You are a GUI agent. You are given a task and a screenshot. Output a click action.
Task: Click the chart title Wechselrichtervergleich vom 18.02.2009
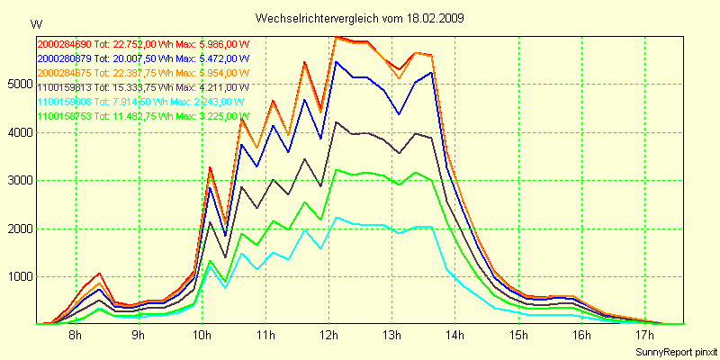click(x=360, y=18)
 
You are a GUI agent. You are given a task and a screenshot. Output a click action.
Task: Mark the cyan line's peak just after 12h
click(x=336, y=217)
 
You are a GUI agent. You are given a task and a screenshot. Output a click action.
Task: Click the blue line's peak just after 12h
click(x=336, y=61)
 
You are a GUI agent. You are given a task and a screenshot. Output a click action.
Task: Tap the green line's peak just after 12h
click(x=336, y=169)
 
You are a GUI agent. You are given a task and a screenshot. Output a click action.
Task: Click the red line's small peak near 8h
click(x=100, y=273)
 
